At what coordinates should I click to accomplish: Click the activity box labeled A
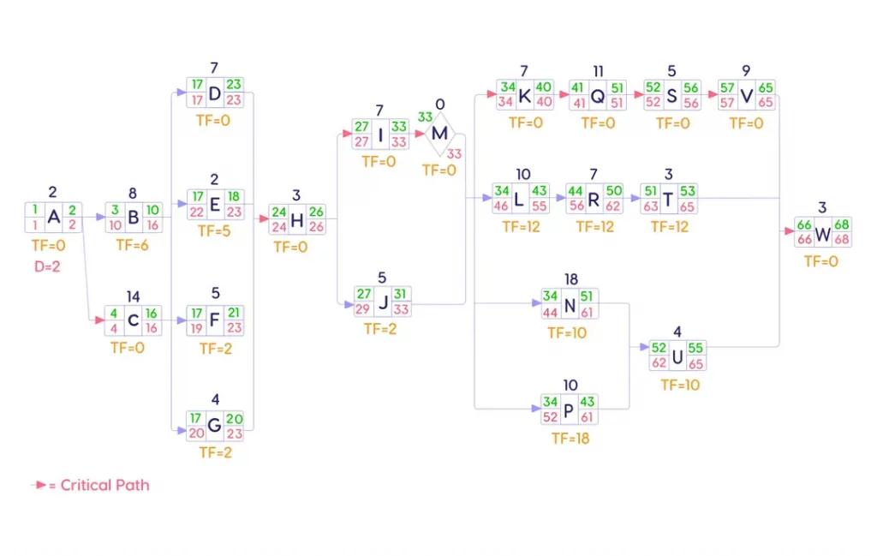click(53, 218)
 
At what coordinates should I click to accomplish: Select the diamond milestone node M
click(439, 134)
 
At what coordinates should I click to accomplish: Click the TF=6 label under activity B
click(133, 243)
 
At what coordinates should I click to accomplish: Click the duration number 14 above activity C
click(133, 296)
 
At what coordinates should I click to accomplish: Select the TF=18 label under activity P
click(570, 439)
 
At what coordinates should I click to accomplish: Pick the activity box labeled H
click(297, 220)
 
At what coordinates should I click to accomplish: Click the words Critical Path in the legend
click(104, 485)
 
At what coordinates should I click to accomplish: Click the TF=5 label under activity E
click(215, 230)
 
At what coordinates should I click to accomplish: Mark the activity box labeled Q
click(598, 96)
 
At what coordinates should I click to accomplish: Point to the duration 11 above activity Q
click(598, 70)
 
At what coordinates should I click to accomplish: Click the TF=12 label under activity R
click(594, 227)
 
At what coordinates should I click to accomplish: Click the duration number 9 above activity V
click(746, 70)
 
